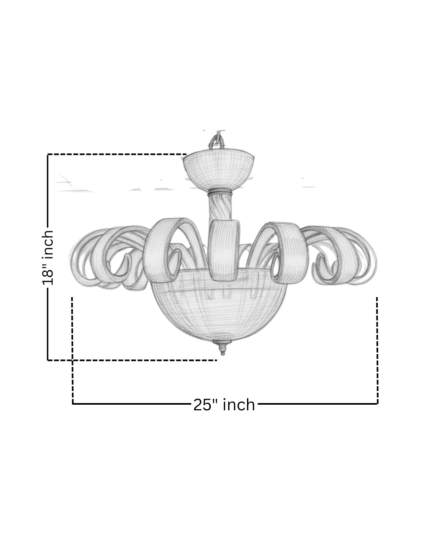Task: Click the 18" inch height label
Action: [x=47, y=257]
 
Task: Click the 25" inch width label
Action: [x=224, y=405]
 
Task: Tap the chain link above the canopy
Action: [x=218, y=141]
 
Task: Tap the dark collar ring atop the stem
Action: [x=220, y=192]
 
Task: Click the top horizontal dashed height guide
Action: [x=117, y=154]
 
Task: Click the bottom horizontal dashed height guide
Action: [x=133, y=361]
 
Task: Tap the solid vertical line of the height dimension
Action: [x=48, y=321]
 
